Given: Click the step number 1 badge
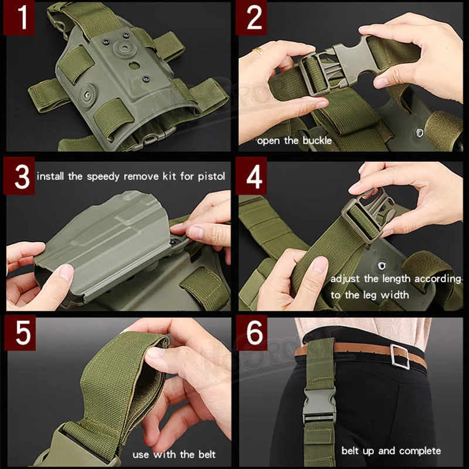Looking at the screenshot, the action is click(x=19, y=18).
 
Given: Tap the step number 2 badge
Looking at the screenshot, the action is click(x=252, y=18).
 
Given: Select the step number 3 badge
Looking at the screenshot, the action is click(x=19, y=176).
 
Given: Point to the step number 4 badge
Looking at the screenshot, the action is click(x=252, y=176).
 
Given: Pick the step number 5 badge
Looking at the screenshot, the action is click(x=20, y=332).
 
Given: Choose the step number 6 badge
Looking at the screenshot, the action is click(x=252, y=332).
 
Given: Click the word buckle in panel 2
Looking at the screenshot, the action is click(x=317, y=141).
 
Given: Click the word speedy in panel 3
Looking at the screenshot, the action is click(x=104, y=177).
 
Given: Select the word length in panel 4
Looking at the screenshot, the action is click(x=393, y=279).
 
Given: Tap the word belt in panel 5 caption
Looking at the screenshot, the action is click(x=207, y=454).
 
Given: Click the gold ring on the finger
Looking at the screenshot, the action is click(x=258, y=51).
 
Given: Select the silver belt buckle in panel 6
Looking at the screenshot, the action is click(x=400, y=356).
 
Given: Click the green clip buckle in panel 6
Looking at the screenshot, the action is click(x=319, y=406).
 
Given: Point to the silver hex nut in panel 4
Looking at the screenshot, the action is click(x=382, y=266).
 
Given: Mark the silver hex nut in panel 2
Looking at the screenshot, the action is click(x=420, y=131).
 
